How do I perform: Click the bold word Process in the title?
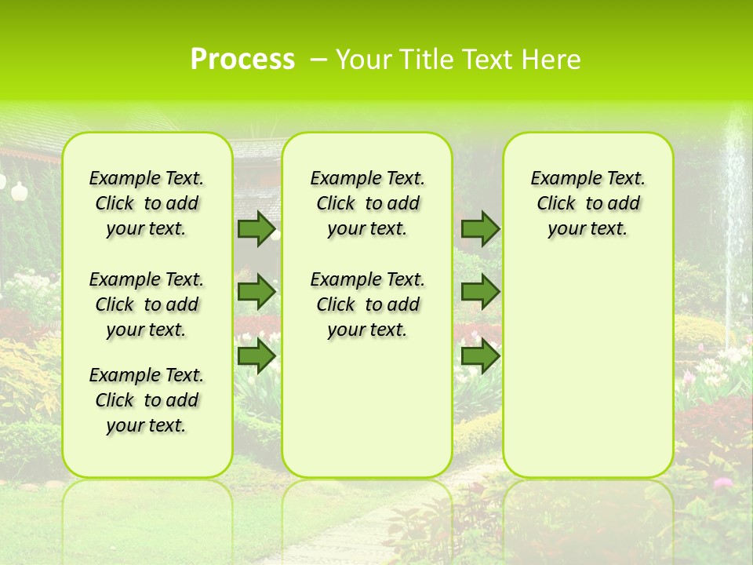tap(242, 60)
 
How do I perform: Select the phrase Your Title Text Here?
tap(458, 60)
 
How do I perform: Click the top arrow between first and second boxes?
tap(256, 229)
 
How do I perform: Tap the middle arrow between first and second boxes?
tap(256, 292)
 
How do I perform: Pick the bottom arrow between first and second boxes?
tap(256, 355)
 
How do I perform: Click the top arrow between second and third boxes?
tap(480, 229)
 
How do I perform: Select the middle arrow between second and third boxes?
tap(480, 292)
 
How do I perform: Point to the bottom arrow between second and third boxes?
tap(480, 355)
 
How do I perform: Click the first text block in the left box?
tap(147, 203)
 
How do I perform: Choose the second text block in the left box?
tap(147, 304)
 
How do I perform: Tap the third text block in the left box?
tap(147, 400)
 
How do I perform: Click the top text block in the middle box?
tap(367, 203)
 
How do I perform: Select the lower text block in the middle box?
tap(367, 304)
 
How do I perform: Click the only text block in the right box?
tap(587, 203)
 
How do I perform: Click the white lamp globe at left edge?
tap(19, 189)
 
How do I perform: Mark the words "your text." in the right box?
tap(587, 229)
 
